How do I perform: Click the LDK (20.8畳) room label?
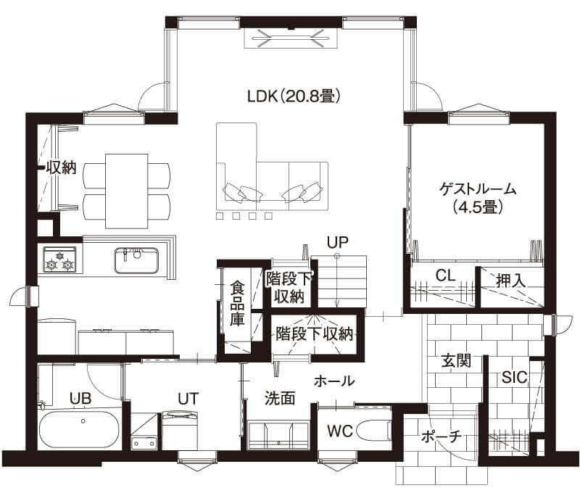(294, 96)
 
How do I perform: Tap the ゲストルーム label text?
(478, 189)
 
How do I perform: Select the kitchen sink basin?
(136, 260)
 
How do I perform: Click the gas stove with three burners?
(59, 260)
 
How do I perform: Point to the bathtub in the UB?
(80, 429)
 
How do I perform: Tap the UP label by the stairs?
(338, 242)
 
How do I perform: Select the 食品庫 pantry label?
(237, 303)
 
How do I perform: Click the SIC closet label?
(514, 377)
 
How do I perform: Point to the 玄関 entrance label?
(456, 360)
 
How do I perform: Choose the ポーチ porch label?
(442, 436)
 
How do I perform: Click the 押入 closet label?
(511, 281)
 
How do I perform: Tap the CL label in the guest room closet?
(445, 275)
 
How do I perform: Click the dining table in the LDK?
(127, 191)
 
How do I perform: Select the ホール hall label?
(334, 381)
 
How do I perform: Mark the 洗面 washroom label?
(280, 398)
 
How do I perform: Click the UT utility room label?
(188, 399)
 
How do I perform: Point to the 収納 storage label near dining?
(62, 167)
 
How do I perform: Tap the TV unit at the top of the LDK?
(291, 38)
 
